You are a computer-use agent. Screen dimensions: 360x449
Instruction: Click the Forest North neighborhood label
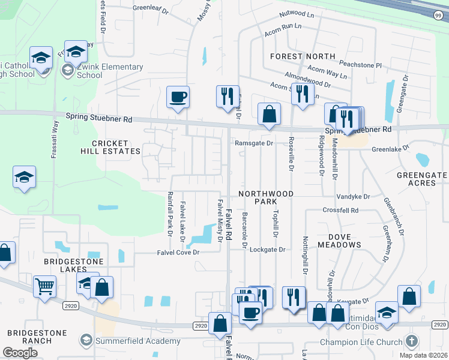[x=303, y=56]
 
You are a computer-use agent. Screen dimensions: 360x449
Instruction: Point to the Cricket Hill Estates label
[x=110, y=148]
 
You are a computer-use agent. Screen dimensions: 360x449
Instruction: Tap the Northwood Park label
[x=266, y=198]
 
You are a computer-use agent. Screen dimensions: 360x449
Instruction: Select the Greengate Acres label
[x=422, y=179]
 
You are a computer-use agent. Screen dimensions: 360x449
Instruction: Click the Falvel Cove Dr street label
[x=178, y=253]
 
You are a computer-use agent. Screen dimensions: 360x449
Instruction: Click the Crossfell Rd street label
[x=340, y=211]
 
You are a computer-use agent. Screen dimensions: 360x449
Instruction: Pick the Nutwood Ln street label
[x=297, y=13]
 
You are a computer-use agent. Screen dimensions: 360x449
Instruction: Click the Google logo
[x=20, y=353]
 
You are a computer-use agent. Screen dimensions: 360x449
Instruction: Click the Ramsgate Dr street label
[x=253, y=143]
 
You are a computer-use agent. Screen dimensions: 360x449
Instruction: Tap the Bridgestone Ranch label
[x=29, y=337]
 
